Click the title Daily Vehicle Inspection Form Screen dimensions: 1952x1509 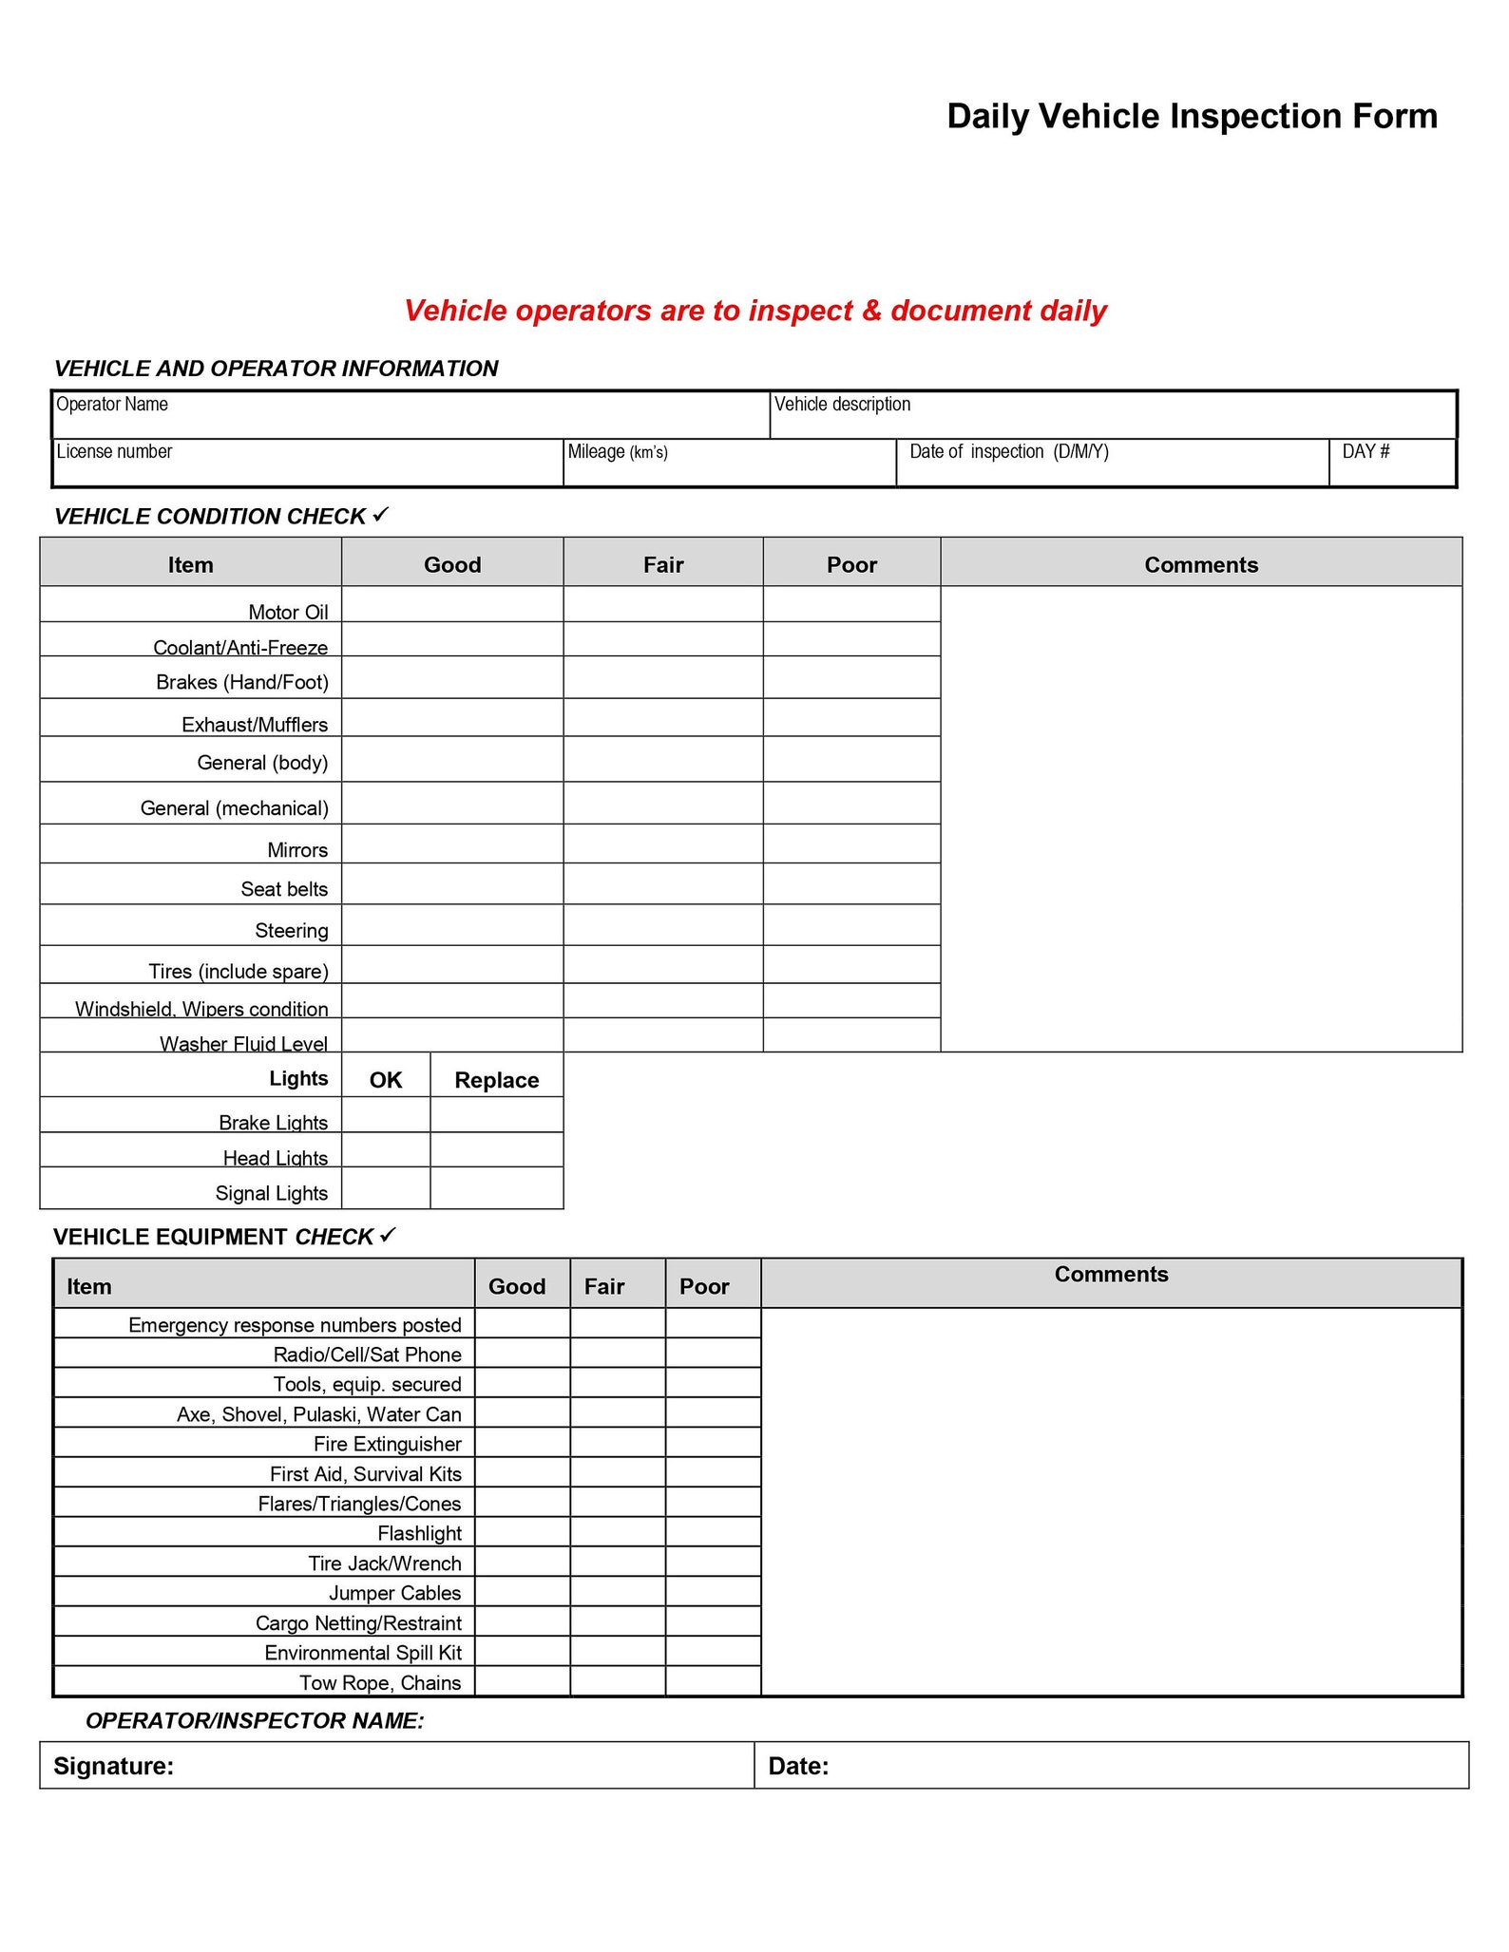point(1192,116)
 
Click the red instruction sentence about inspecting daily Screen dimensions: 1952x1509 point(754,311)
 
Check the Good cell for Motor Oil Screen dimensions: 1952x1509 point(452,604)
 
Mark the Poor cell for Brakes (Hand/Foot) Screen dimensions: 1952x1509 point(851,677)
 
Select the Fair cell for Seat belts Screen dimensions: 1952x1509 point(662,883)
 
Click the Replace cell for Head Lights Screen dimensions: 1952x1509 point(496,1149)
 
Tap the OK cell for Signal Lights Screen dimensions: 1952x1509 point(385,1187)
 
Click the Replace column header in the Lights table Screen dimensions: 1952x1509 point(496,1080)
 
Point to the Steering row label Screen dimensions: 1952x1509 point(291,931)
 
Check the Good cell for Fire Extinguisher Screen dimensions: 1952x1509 point(522,1442)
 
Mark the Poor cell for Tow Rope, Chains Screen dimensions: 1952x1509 point(713,1681)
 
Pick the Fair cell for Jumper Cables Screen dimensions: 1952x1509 point(618,1591)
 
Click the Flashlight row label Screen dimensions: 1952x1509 point(419,1533)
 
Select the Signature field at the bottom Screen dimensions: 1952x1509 point(397,1766)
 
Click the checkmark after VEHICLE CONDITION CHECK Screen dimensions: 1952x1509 point(380,514)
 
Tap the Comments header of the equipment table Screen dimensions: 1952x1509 point(1110,1275)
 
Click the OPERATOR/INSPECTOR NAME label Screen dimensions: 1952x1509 point(255,1720)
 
